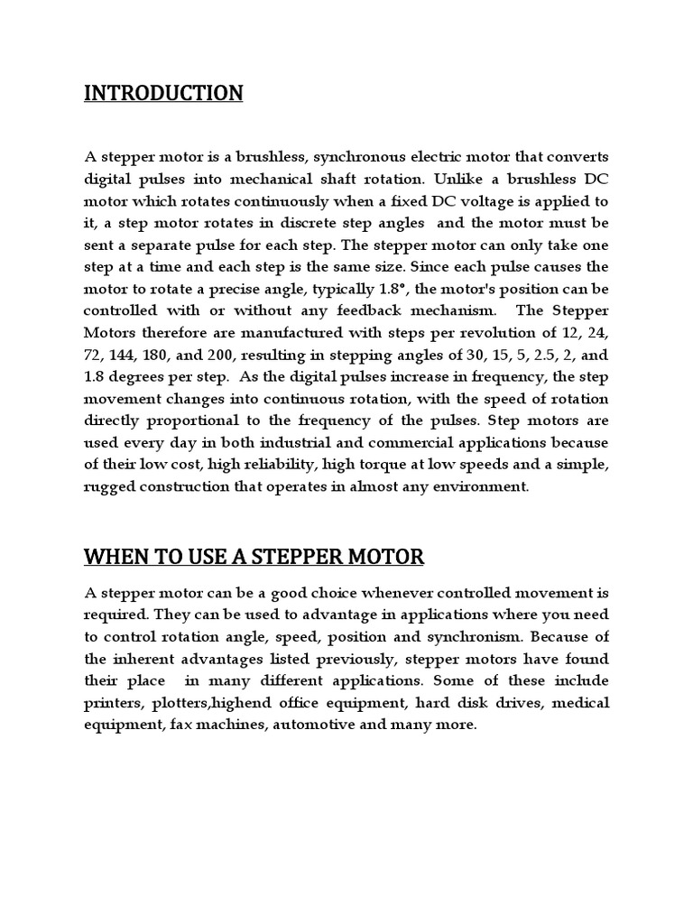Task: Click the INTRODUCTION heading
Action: click(x=163, y=94)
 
